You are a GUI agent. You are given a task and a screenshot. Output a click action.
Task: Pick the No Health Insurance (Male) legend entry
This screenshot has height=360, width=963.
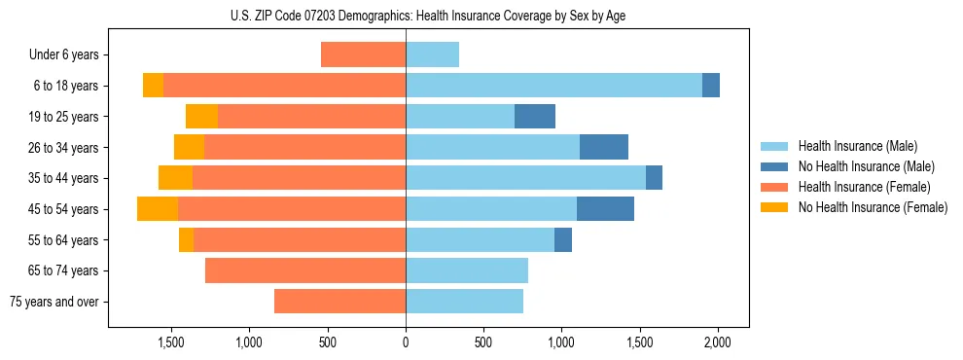pyautogui.click(x=866, y=166)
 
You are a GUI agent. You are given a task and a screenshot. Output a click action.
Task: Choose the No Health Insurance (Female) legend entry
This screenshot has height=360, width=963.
pyautogui.click(x=873, y=207)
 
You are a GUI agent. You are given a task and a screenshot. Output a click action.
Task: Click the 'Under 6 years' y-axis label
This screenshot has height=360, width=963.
pyautogui.click(x=63, y=55)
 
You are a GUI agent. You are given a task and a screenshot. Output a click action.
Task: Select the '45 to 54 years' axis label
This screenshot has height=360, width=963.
pyautogui.click(x=63, y=209)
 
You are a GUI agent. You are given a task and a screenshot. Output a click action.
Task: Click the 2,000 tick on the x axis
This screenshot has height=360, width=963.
pyautogui.click(x=718, y=343)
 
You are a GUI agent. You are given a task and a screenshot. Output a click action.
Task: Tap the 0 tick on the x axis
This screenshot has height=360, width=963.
pyautogui.click(x=406, y=343)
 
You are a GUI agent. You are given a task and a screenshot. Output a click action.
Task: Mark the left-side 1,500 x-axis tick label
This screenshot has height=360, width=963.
pyautogui.click(x=170, y=343)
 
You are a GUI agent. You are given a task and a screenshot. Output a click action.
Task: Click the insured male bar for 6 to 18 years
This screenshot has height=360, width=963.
pyautogui.click(x=553, y=86)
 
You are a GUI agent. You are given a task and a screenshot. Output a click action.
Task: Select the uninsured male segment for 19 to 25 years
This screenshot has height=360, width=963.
pyautogui.click(x=535, y=117)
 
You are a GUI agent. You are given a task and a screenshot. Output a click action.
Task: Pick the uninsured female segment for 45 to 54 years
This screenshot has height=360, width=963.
pyautogui.click(x=158, y=209)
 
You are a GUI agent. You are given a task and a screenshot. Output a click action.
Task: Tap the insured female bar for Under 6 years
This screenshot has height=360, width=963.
pyautogui.click(x=363, y=55)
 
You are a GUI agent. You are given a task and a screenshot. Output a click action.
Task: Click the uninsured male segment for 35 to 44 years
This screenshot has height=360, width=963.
pyautogui.click(x=654, y=178)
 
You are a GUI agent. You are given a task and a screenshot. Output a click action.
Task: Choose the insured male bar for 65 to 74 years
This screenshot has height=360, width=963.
pyautogui.click(x=467, y=270)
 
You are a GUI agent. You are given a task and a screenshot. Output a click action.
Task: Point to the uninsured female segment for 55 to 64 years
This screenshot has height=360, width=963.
pyautogui.click(x=186, y=240)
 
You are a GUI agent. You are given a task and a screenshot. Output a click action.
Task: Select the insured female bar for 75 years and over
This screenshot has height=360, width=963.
pyautogui.click(x=339, y=302)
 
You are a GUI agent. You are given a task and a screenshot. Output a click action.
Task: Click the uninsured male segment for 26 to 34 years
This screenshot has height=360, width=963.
pyautogui.click(x=604, y=148)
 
